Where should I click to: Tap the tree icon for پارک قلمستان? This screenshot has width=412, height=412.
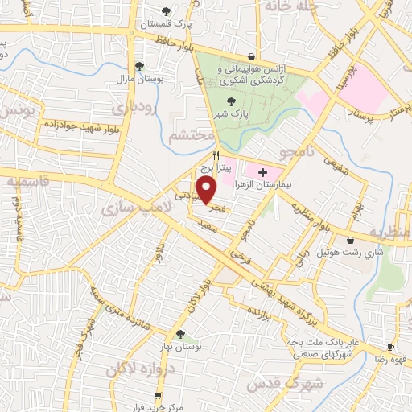coord(166,11)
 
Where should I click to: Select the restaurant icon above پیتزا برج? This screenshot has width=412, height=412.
coord(216,155)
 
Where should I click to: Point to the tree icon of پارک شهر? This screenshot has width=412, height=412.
coord(232,101)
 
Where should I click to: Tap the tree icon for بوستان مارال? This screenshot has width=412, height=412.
coord(139,66)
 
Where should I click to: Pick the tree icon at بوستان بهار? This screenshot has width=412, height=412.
coord(179,333)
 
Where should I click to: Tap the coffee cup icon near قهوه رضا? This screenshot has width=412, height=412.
coord(390,348)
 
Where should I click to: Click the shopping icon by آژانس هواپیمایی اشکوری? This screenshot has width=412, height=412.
coord(253,57)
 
